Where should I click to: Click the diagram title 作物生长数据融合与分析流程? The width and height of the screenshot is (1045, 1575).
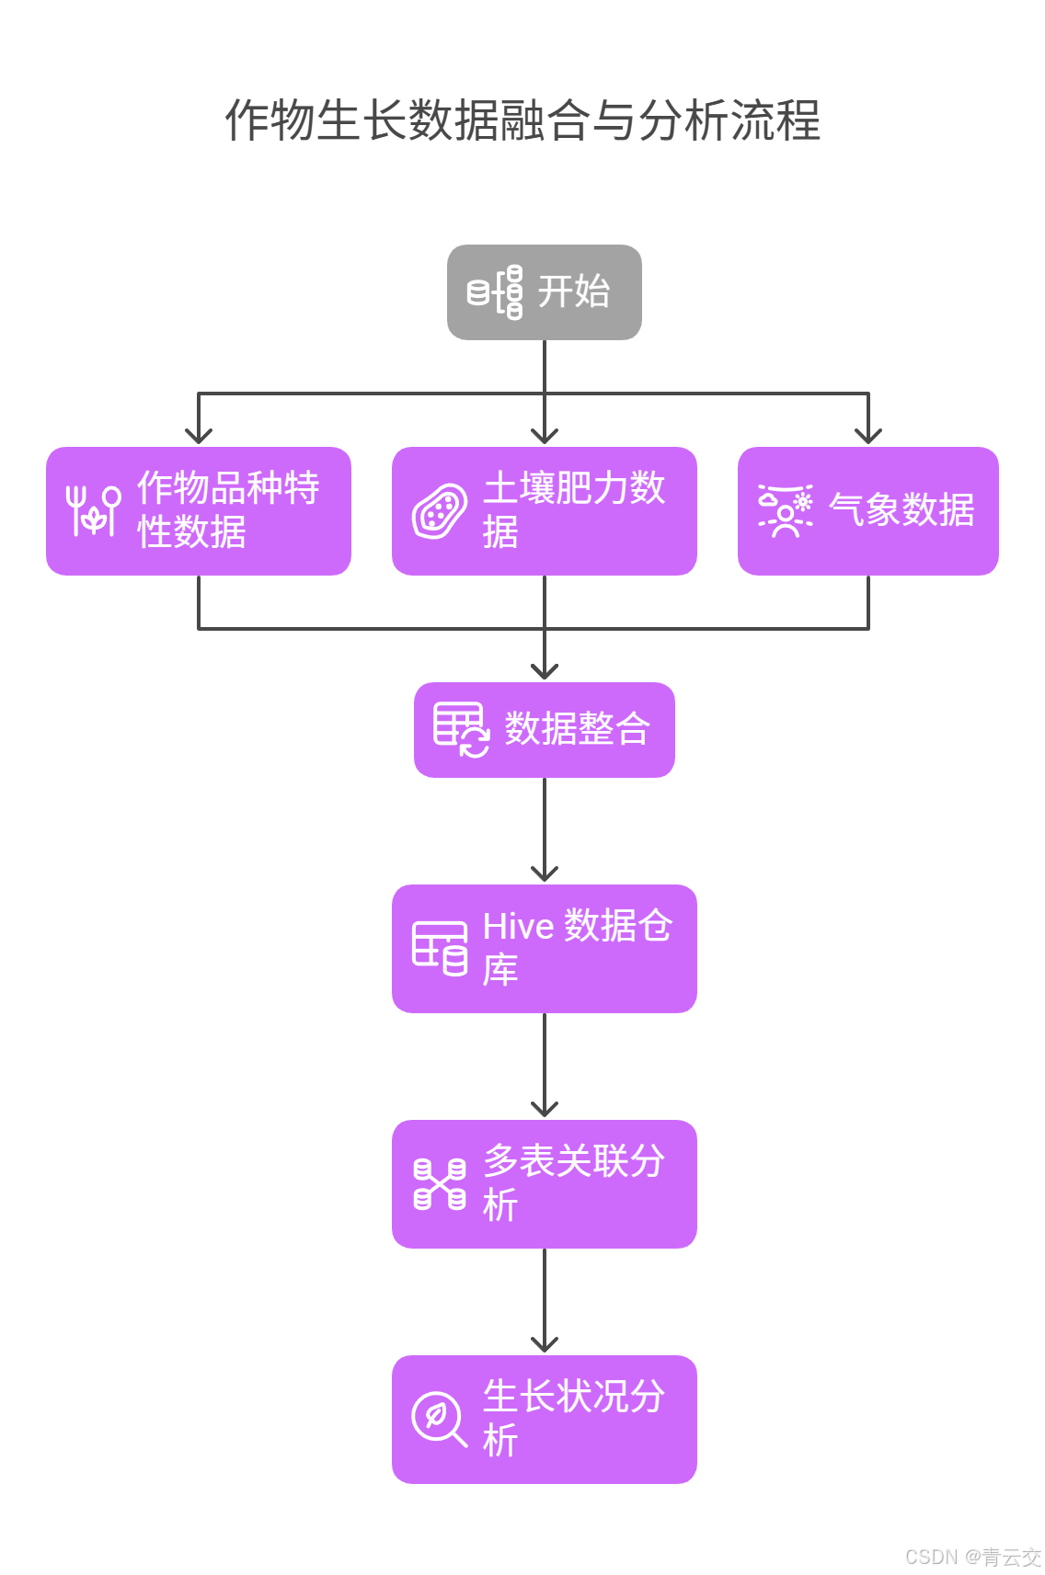tap(522, 120)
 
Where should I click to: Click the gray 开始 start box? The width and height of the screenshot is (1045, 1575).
tap(544, 292)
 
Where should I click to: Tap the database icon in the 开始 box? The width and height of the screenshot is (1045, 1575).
tap(494, 292)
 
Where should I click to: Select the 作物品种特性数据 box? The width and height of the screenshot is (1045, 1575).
tap(198, 511)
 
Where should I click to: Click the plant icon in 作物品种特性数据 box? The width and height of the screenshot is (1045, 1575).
tap(93, 510)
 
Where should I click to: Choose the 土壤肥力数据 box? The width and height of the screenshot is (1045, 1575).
tap(544, 511)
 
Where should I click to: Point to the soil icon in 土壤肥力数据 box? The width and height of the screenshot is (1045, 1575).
tap(439, 511)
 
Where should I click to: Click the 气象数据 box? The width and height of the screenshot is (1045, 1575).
tap(867, 511)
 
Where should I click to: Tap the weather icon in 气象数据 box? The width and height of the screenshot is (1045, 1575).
tap(785, 510)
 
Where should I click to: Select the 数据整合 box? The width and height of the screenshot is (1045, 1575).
tap(544, 730)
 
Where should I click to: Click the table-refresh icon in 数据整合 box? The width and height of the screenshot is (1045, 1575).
tap(461, 730)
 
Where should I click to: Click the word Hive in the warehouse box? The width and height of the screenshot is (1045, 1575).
tap(518, 927)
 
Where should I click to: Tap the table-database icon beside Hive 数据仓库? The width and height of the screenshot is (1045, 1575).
tap(439, 948)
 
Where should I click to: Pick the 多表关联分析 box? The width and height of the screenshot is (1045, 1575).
tap(544, 1184)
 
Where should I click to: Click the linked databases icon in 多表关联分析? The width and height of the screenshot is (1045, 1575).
tap(439, 1184)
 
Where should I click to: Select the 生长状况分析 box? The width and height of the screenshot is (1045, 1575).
tap(544, 1420)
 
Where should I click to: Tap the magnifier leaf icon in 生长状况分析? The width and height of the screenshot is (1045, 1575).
tap(439, 1420)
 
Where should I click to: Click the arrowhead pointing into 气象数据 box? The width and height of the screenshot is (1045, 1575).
tap(867, 436)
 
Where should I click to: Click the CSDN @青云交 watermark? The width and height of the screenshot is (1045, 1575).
tap(972, 1557)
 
